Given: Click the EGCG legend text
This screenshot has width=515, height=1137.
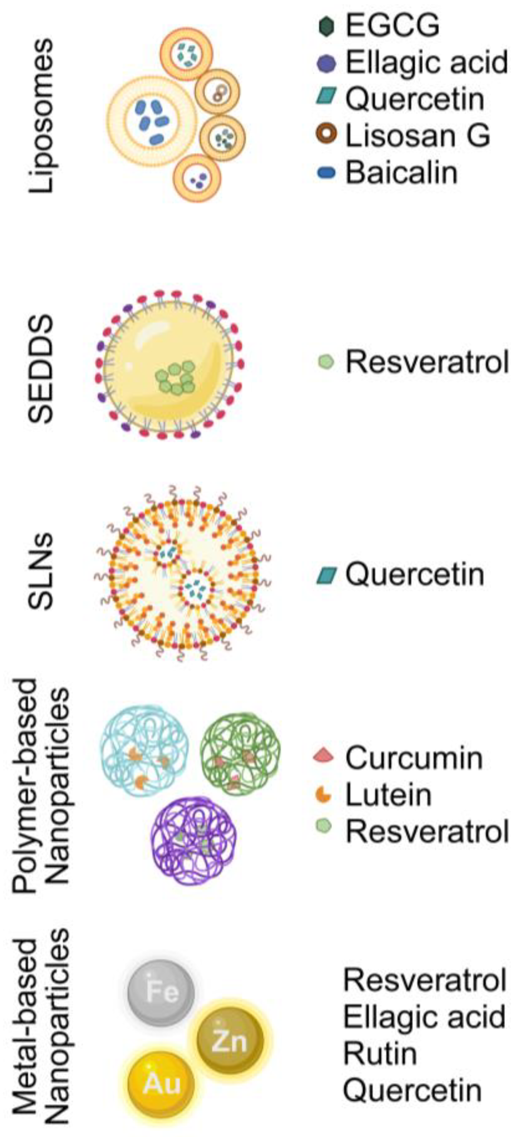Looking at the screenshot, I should (x=392, y=26).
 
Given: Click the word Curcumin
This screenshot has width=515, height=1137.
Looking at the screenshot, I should (x=414, y=758).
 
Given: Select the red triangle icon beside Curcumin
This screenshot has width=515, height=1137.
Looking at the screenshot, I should (x=325, y=756).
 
